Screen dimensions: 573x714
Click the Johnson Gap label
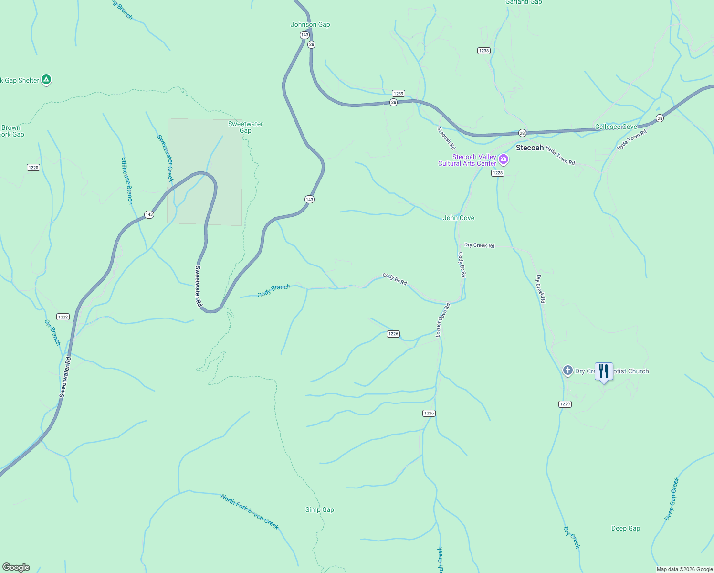coord(310,25)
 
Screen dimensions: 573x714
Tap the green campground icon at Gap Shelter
coord(46,80)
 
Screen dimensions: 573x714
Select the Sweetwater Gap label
coord(245,127)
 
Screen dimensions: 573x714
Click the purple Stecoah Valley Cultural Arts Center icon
coord(503,159)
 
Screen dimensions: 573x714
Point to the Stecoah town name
coord(529,148)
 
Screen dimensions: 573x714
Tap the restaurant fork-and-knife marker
coord(604,371)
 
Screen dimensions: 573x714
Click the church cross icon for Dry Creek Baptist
coord(567,371)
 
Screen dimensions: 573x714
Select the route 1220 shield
coord(33,167)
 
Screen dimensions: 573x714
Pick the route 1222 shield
coord(63,317)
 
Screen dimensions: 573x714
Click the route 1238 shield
coord(483,51)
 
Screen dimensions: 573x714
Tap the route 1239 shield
coord(398,94)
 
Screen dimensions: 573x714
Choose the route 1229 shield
coord(565,404)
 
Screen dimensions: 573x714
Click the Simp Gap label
coord(319,509)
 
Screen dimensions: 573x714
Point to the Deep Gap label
coord(625,528)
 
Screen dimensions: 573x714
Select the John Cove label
coord(458,218)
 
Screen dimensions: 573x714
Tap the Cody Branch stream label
coord(273,291)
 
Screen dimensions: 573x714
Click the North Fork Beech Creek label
coord(249,511)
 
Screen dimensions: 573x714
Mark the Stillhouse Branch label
coord(127,181)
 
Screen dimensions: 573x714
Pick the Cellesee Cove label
coord(616,127)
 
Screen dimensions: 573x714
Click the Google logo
coord(16,567)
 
